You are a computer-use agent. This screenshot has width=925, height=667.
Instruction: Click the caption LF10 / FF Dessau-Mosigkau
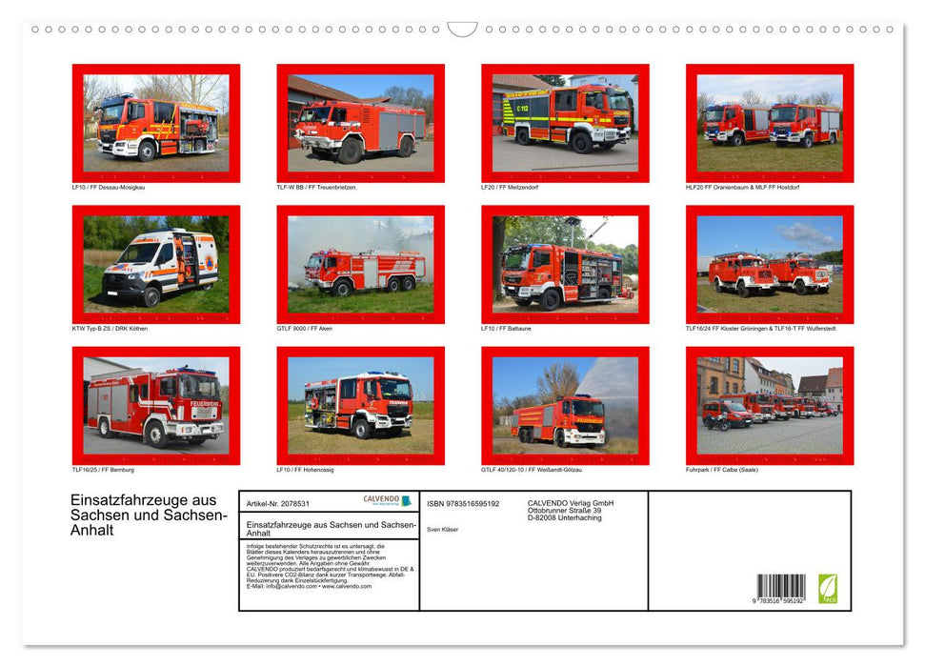coord(108,187)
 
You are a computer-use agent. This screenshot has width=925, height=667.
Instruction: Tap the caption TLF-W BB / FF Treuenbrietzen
coord(316,187)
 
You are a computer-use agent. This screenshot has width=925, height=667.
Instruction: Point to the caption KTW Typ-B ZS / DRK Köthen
coord(110,328)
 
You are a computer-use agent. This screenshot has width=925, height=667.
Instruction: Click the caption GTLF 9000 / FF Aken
coord(307,328)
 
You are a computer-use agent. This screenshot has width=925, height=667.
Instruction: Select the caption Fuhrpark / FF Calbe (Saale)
coord(721,470)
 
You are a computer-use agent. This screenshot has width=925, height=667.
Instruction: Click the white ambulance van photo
coord(156,264)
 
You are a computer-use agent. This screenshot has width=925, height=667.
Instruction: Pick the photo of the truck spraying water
coord(565,406)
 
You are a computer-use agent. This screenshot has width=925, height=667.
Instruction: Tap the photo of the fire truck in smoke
coord(360,264)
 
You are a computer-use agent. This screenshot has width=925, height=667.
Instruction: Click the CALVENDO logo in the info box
coord(387,501)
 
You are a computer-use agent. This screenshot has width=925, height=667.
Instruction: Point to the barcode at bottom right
coord(781,588)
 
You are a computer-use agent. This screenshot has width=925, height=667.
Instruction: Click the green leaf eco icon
coord(829,588)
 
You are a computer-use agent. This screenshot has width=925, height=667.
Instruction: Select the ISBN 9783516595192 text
coord(463,503)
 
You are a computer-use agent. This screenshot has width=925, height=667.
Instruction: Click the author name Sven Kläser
coord(442,529)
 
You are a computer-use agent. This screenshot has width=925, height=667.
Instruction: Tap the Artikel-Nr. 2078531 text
coord(277,503)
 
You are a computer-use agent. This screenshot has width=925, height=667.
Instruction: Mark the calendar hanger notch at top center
coord(463,29)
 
